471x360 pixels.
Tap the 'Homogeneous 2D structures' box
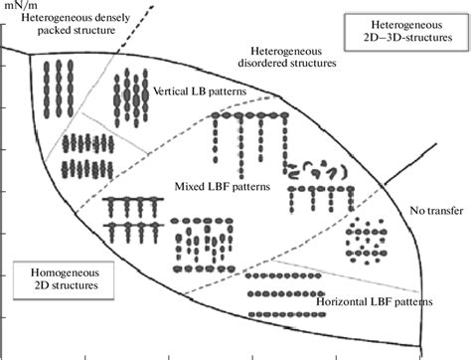click(x=55, y=277)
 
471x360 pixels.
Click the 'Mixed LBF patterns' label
click(x=216, y=186)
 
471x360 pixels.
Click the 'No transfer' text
click(x=433, y=210)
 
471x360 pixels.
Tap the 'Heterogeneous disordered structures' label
click(x=289, y=56)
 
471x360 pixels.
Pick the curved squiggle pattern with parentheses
click(x=316, y=170)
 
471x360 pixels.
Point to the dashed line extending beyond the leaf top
click(x=139, y=24)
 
